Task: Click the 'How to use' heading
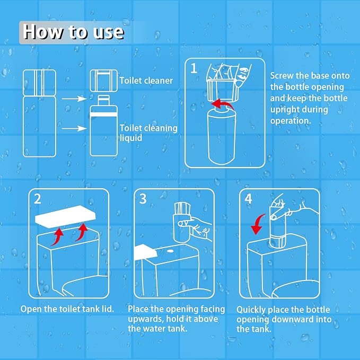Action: click(x=74, y=32)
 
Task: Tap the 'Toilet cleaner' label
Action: click(x=146, y=81)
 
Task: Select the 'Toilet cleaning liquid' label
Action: click(x=148, y=133)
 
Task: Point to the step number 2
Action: click(x=37, y=199)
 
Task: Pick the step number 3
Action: click(x=143, y=199)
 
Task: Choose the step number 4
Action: click(x=249, y=199)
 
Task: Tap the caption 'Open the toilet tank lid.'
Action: click(x=67, y=309)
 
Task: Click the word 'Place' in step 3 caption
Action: click(x=140, y=309)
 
